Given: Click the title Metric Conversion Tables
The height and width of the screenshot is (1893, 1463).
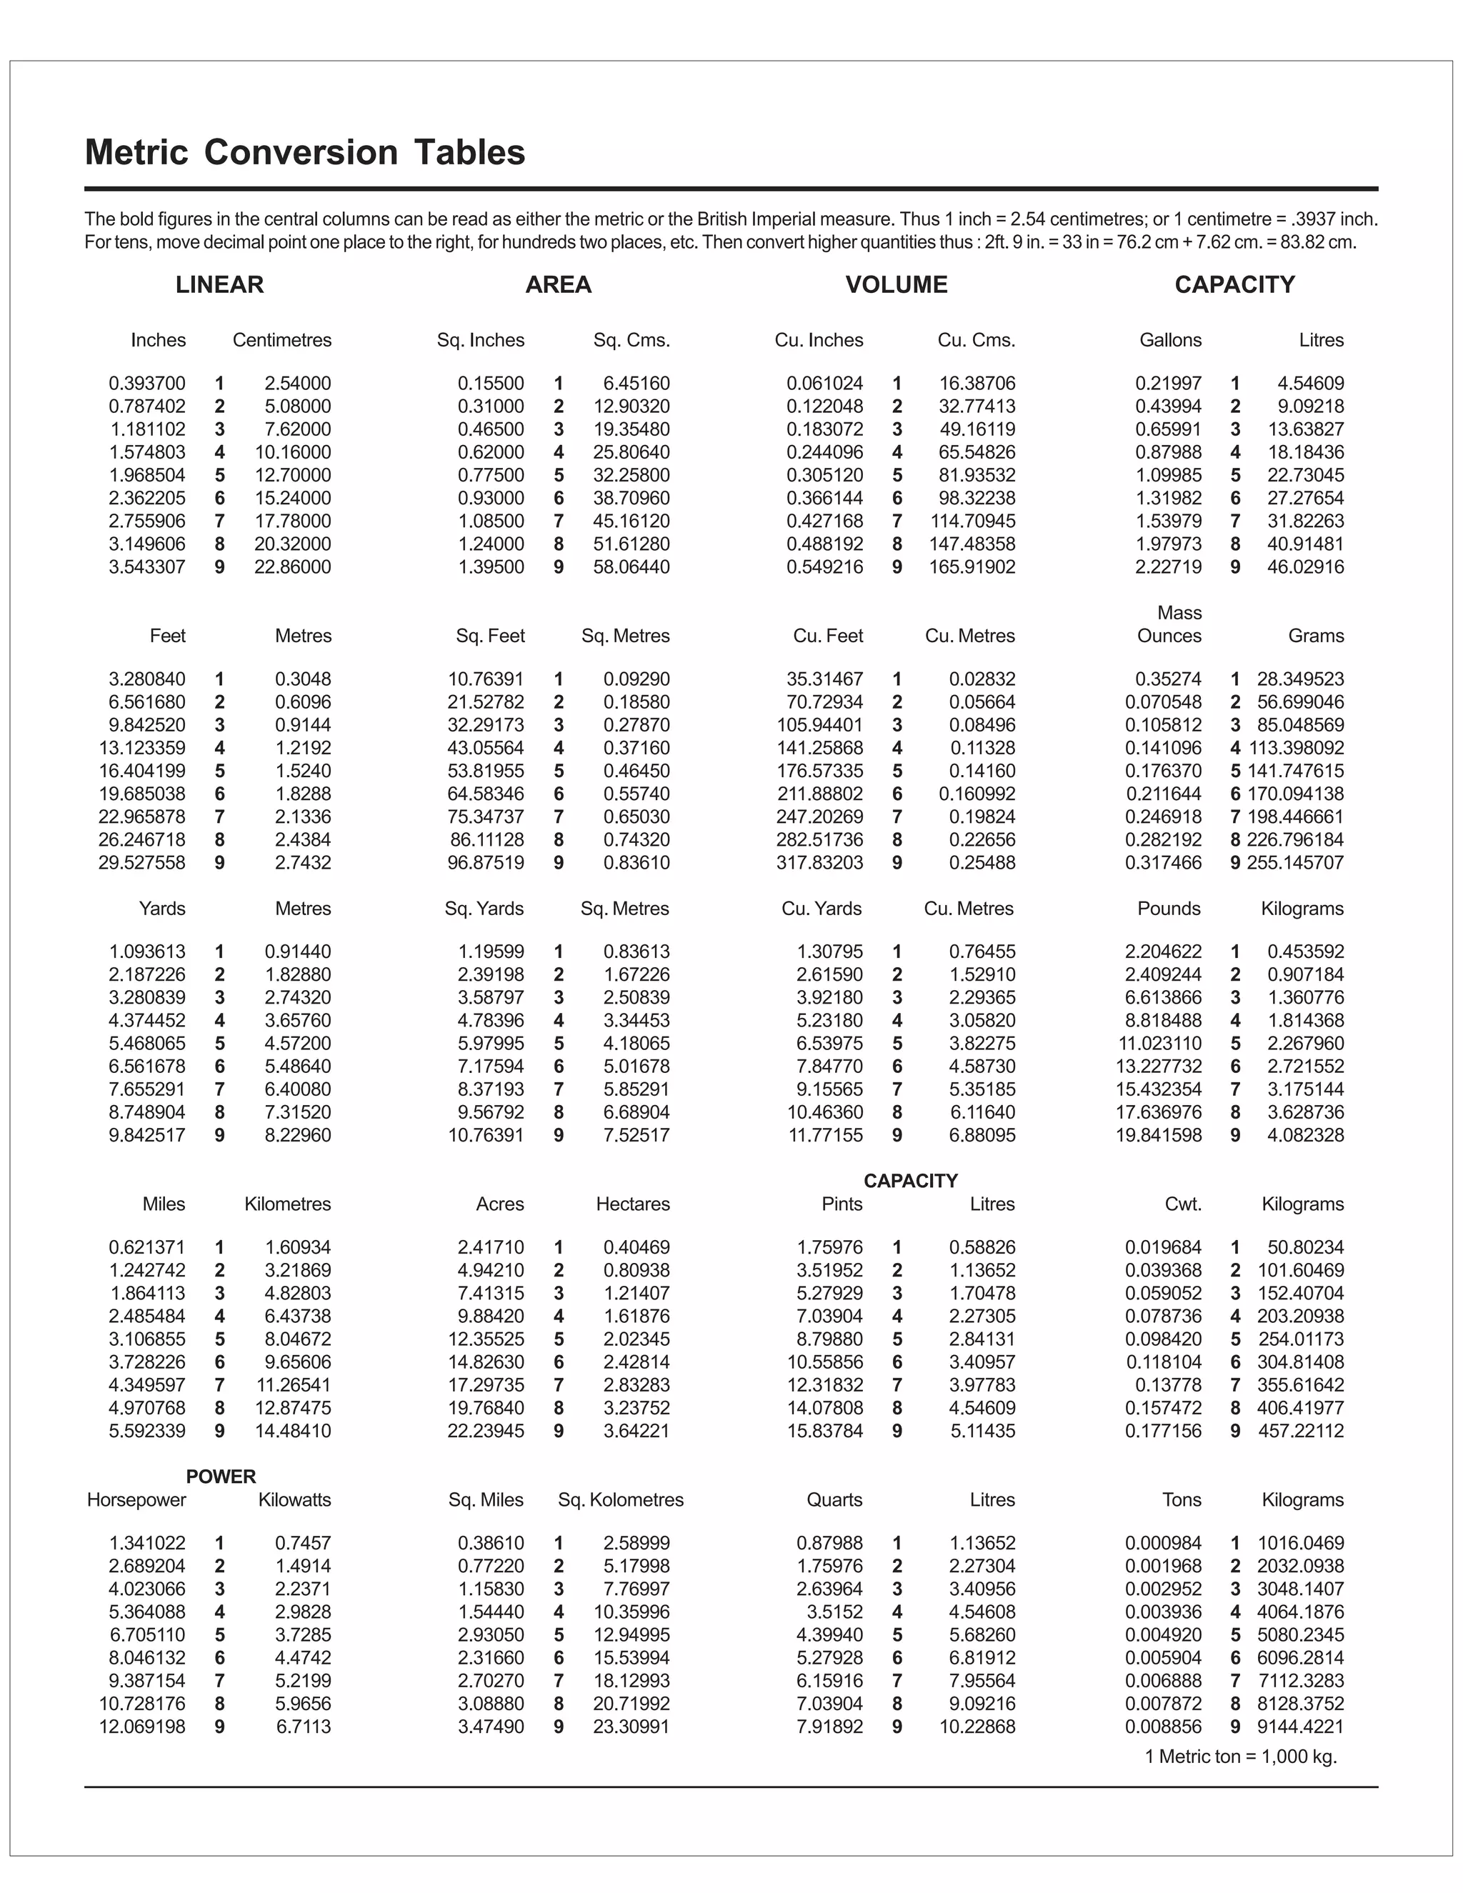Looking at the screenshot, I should point(304,153).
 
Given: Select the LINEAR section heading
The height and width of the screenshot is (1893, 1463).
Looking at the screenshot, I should point(219,284).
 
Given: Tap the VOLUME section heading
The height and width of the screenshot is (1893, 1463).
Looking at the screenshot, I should point(897,284).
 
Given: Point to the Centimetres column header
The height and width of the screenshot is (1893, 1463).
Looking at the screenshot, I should point(281,340).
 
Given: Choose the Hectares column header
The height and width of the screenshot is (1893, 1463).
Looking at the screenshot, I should point(633,1204).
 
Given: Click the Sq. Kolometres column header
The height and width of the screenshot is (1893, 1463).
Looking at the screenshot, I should point(621,1499).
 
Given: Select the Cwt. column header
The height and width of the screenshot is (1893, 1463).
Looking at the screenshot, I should point(1183,1204).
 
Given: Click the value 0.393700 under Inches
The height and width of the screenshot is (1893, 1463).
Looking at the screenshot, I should point(146,383).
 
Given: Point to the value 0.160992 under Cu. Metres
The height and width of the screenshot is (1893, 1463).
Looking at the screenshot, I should point(977,794).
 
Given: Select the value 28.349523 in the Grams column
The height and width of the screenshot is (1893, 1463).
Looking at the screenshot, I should point(1300,679).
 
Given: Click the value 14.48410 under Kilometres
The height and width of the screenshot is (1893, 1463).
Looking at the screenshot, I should point(292,1431).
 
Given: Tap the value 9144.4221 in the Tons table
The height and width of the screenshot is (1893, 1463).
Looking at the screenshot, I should point(1300,1727).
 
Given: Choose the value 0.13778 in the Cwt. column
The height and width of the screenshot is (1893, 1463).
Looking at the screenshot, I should point(1168,1385).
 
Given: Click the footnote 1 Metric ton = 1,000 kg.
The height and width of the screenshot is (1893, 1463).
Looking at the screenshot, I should point(1240,1757).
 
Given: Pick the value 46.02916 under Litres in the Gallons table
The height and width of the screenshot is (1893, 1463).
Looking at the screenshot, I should point(1305,567).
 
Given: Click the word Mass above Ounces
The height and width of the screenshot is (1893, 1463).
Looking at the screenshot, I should point(1179,613).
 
